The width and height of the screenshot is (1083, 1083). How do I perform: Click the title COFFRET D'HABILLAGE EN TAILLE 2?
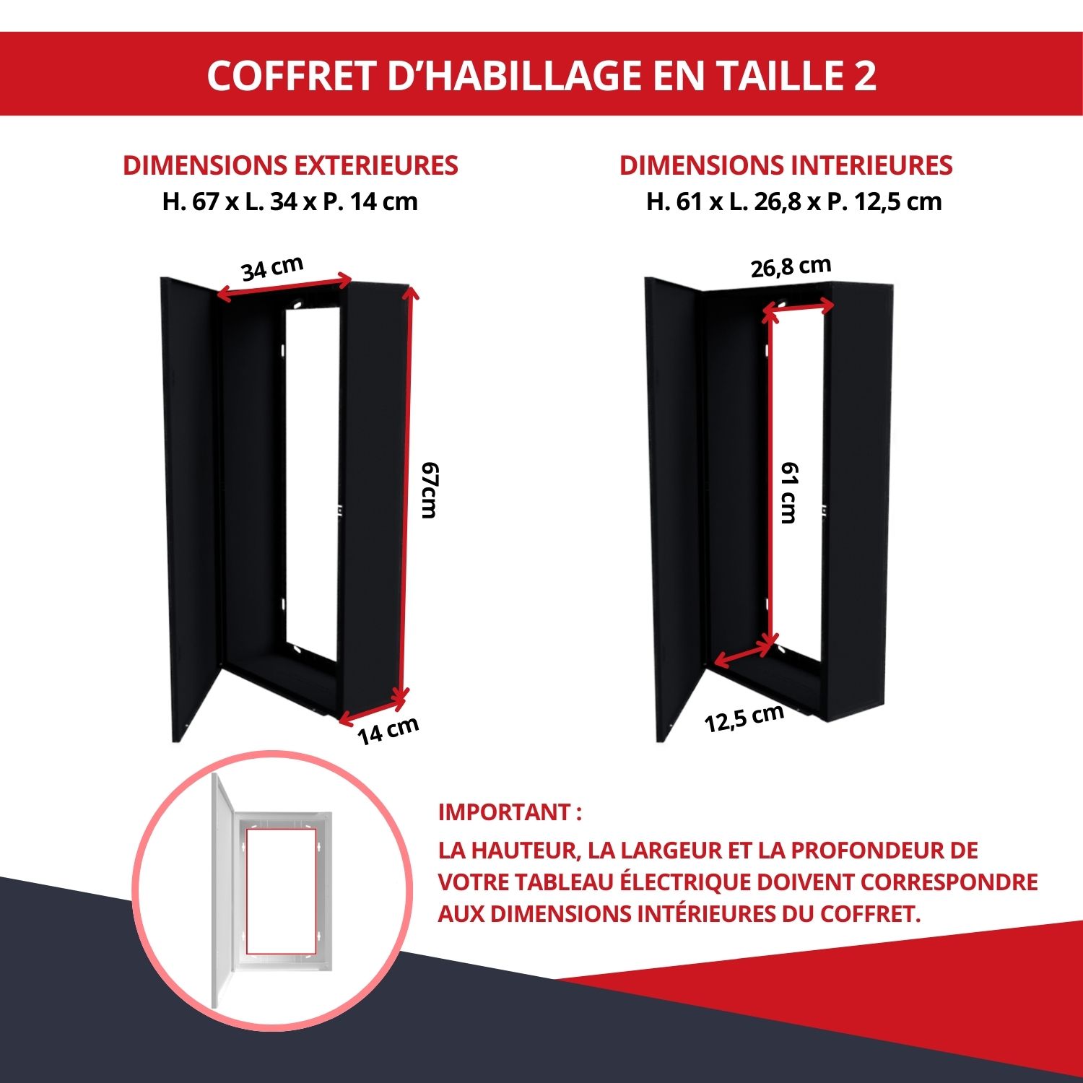[x=541, y=75]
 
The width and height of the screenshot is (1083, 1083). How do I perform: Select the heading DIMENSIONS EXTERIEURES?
[x=290, y=165]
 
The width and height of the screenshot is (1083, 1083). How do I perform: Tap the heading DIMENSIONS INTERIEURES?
[x=786, y=165]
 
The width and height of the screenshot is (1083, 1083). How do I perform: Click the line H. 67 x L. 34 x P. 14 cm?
[x=290, y=201]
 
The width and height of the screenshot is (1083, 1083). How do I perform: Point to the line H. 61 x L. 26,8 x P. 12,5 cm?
[x=794, y=201]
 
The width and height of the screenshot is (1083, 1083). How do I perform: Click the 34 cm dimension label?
[x=272, y=268]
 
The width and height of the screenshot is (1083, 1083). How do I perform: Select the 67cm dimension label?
[x=430, y=490]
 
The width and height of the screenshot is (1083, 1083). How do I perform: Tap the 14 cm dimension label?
[x=388, y=731]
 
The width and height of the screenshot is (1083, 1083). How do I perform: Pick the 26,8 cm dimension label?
[x=791, y=266]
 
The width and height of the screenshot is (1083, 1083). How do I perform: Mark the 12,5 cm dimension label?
[x=744, y=718]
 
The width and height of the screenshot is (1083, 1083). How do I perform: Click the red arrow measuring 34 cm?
[x=284, y=287]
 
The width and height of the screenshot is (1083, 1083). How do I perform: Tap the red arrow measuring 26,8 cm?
[x=799, y=309]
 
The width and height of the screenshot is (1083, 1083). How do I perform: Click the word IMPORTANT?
[x=504, y=812]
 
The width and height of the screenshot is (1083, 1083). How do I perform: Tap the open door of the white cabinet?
[x=222, y=891]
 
